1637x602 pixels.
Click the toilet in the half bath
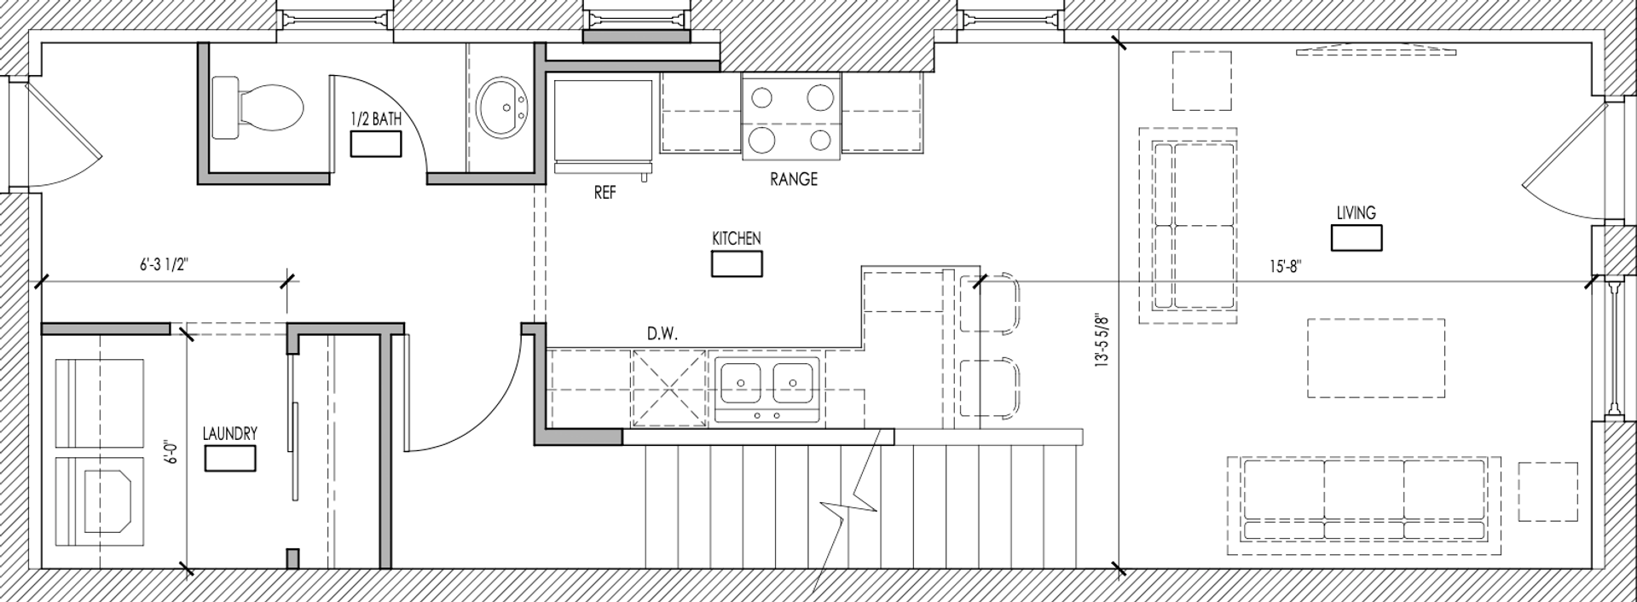(257, 108)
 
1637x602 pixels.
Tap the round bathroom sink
(502, 107)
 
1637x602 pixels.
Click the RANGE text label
(794, 179)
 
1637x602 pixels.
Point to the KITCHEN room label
(737, 239)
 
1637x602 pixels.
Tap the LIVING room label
(1356, 213)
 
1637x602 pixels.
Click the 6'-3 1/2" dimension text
(164, 265)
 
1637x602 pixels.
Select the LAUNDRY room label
(230, 434)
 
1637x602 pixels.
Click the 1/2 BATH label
(376, 120)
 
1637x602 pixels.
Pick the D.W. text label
(662, 334)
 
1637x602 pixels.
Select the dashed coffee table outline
(1376, 358)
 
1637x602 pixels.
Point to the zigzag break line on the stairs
(847, 512)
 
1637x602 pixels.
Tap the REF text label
(604, 194)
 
